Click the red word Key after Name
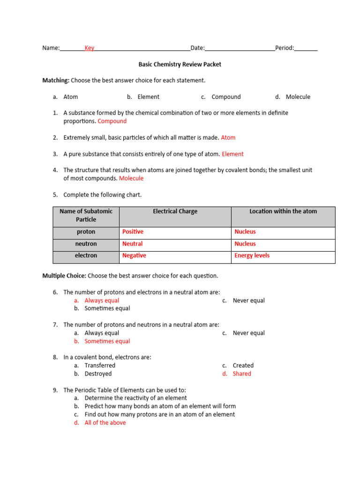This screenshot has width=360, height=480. coord(89,48)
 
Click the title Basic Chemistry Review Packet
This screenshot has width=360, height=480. coord(180,64)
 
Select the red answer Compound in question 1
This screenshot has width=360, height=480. coord(112,121)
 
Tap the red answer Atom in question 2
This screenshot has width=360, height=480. coord(228,137)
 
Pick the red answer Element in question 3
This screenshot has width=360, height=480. coord(232,154)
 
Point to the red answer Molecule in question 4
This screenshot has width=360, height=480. coord(131,178)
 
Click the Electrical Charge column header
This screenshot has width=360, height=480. coord(175,211)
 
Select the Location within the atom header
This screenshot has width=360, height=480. coord(283,211)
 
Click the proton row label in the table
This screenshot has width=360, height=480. coord(86,232)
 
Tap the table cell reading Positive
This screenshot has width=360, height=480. coord(133,232)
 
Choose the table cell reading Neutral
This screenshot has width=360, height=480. coord(132,244)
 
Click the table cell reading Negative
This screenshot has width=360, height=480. coord(134,255)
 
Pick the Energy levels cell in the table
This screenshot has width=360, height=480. coord(252,255)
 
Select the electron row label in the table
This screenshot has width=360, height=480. coord(86,255)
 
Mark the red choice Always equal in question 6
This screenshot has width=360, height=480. coord(102,300)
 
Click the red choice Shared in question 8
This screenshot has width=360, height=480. coord(242,374)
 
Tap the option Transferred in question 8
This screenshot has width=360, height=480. coord(100,365)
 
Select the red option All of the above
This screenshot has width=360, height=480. coord(105,422)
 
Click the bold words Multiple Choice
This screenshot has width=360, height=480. coord(64,276)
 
